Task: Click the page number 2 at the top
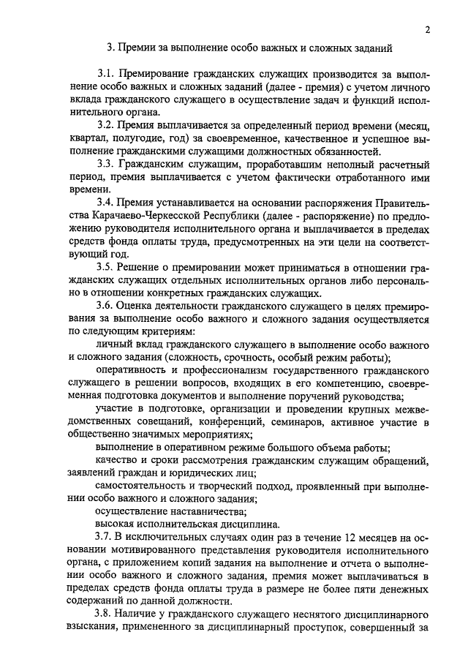click(426, 30)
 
